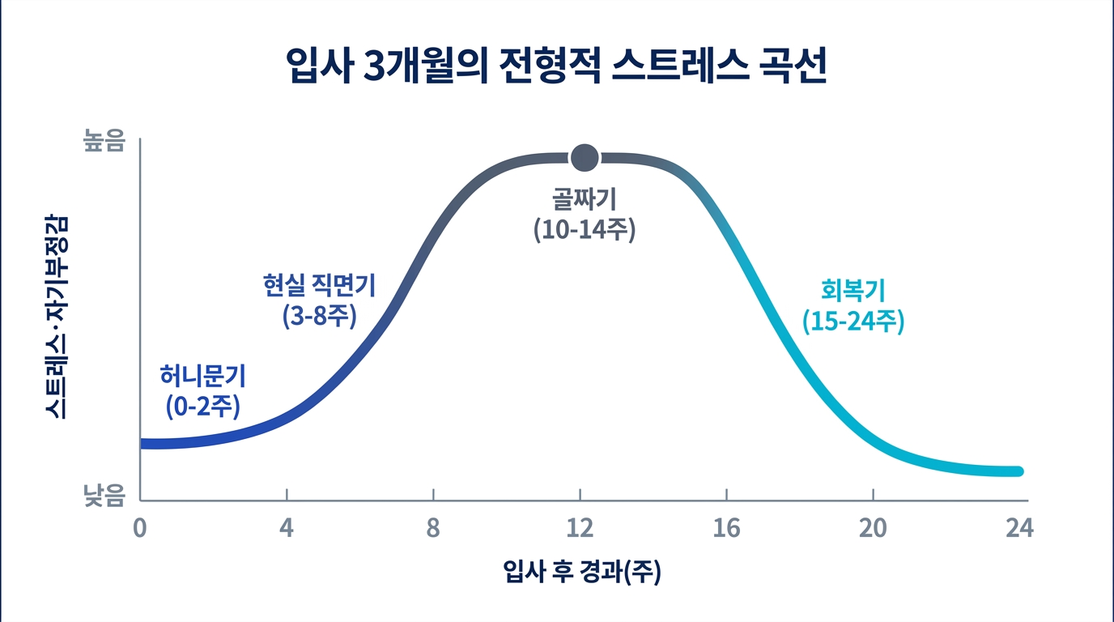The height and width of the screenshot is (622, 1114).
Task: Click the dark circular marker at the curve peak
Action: tap(584, 157)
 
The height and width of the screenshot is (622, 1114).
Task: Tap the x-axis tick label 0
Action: tap(140, 529)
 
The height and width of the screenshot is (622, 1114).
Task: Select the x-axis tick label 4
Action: tap(287, 529)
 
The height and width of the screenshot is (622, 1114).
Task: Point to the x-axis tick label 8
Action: tap(433, 529)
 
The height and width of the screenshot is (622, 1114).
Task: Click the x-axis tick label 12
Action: tap(580, 529)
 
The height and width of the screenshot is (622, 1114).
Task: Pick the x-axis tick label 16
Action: tap(727, 529)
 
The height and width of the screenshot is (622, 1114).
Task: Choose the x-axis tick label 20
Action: tap(874, 529)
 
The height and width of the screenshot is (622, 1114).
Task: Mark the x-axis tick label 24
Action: tap(1019, 529)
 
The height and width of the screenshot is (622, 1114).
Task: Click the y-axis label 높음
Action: tap(105, 142)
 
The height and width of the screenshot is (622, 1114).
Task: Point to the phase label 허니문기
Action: tap(202, 376)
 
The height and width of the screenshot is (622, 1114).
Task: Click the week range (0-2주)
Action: tap(202, 407)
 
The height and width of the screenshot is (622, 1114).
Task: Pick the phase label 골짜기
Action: tap(585, 198)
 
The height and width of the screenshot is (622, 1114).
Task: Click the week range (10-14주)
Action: tap(585, 229)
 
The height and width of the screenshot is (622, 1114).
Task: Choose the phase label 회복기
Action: tap(853, 289)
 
